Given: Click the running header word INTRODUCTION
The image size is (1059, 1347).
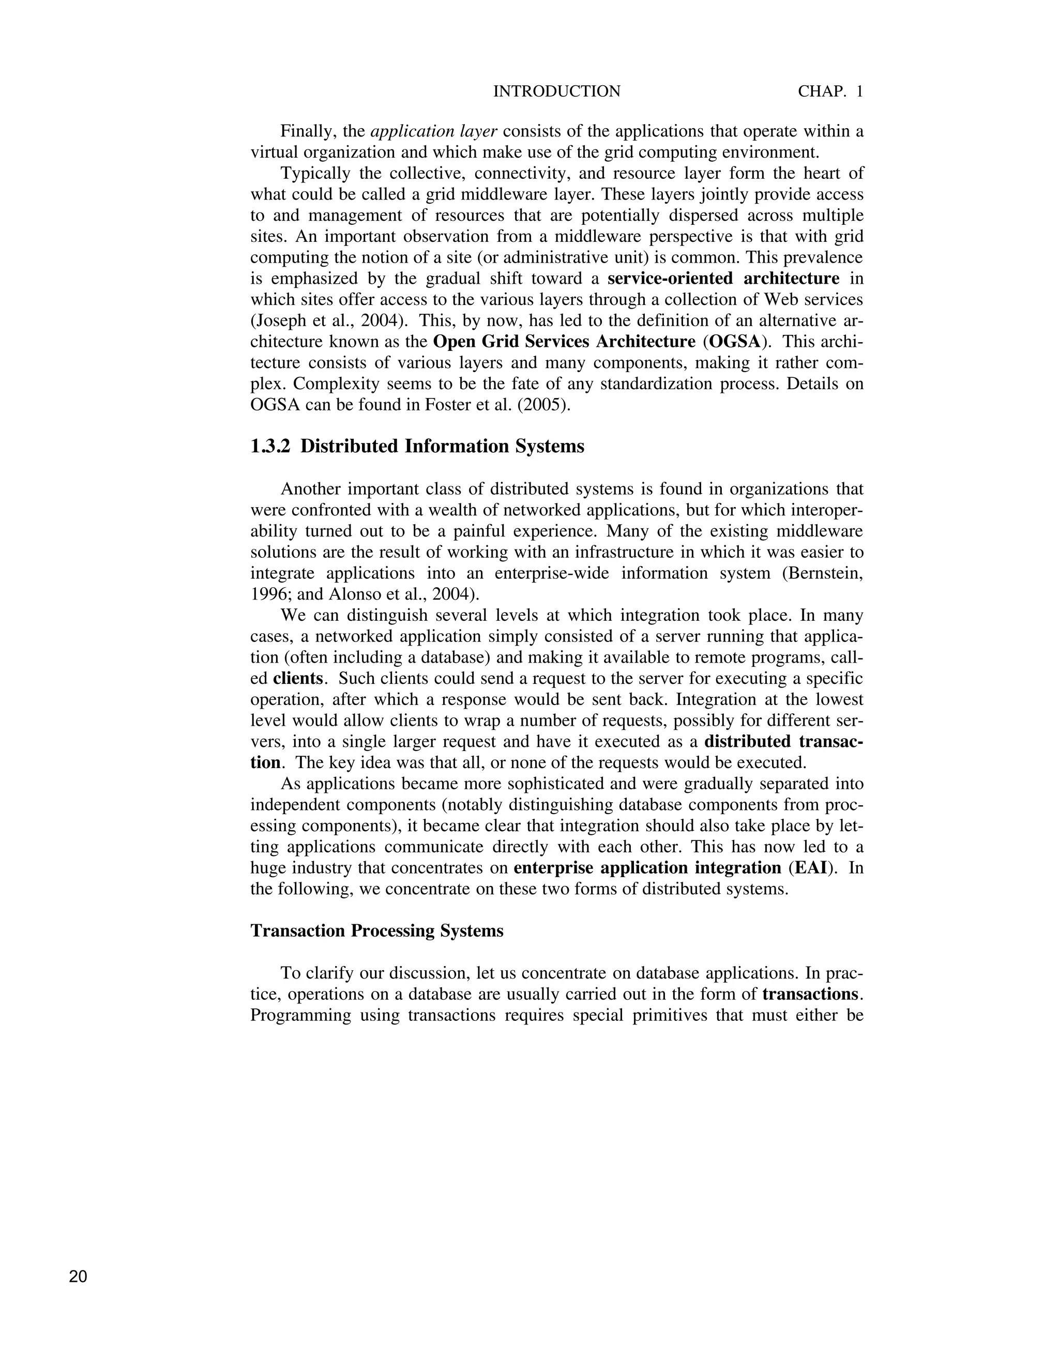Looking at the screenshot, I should click(556, 91).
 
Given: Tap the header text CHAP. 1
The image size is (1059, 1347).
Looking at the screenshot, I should click(830, 91).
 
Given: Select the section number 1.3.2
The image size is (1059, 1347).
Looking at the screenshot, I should click(270, 446).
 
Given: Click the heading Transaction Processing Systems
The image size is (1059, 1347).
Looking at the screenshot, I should click(377, 930).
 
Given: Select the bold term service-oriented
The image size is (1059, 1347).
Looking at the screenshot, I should click(670, 278).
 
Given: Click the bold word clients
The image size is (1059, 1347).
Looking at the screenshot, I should click(298, 678).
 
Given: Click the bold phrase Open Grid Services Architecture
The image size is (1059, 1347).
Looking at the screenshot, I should click(564, 342).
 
